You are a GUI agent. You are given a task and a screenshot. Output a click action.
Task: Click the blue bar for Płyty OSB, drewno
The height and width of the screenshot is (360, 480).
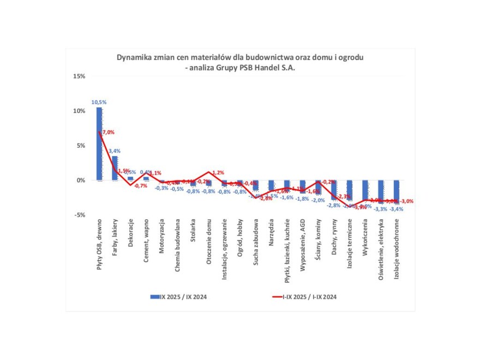[x=99, y=143]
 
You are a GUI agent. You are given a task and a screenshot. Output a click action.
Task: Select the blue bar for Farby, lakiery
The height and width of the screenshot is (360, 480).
[x=115, y=168]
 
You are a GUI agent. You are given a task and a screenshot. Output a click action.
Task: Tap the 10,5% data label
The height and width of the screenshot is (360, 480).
[x=99, y=102]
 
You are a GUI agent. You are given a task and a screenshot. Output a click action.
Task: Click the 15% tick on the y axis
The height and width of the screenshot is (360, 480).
[x=79, y=76]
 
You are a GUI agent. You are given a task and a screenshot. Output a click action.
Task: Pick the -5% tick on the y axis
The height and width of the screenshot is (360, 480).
[x=80, y=215]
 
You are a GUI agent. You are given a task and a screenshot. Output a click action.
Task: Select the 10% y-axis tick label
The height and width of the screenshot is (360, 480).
[x=79, y=111]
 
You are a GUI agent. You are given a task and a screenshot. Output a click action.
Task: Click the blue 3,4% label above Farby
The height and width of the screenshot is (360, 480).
[x=115, y=151]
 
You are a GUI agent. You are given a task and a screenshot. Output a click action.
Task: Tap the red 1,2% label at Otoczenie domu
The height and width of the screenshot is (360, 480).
[x=217, y=172]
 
